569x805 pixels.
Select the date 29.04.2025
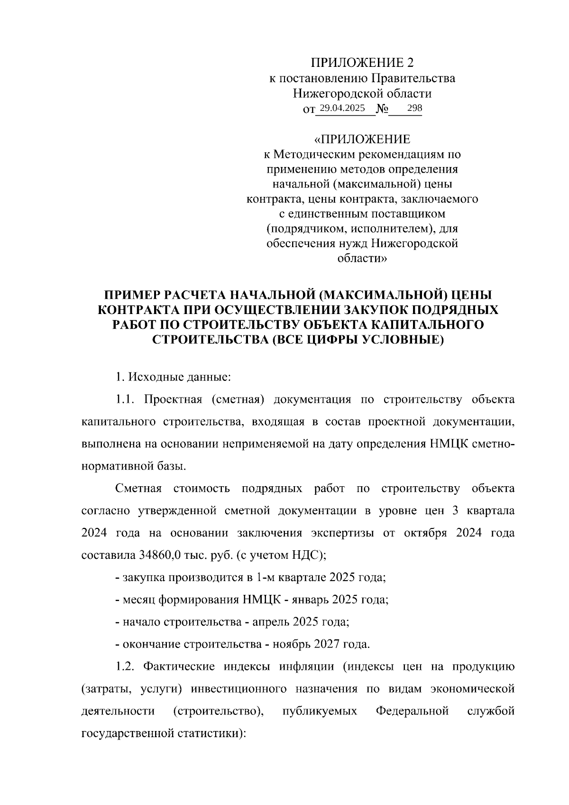[342, 109]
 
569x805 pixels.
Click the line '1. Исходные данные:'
[173, 378]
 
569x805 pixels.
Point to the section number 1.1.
[126, 399]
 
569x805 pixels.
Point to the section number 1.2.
[126, 667]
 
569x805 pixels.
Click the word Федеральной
[412, 711]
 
